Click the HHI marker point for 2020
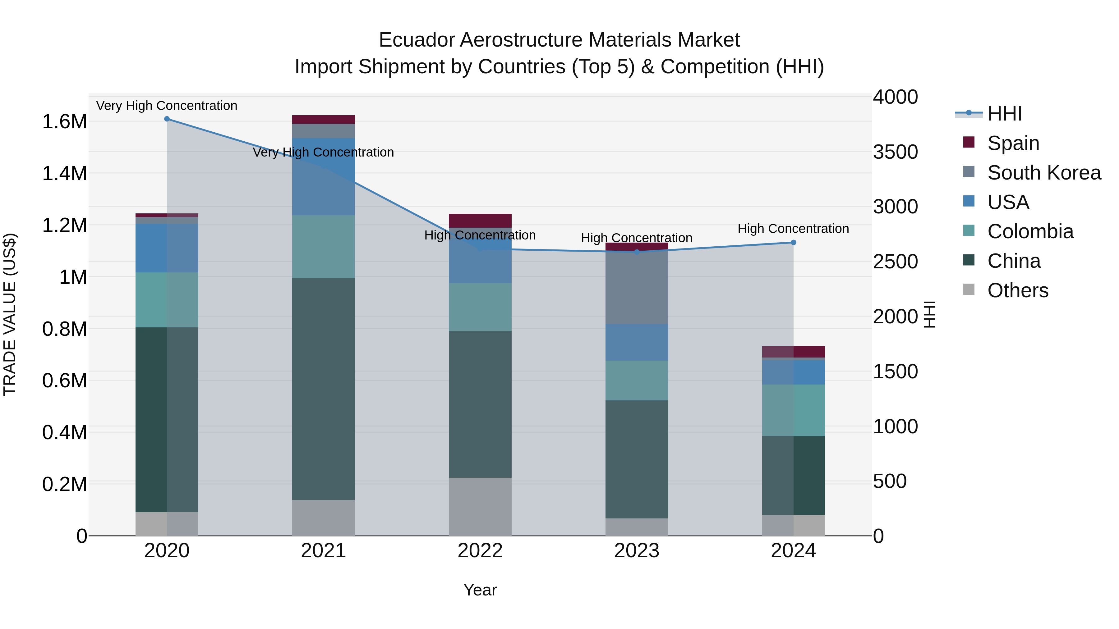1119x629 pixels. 167,119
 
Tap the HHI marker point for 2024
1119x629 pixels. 793,243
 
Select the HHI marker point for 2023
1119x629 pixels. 637,252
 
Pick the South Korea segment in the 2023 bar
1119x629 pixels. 637,287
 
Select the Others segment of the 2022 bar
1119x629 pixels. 480,507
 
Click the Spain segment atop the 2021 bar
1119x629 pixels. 323,120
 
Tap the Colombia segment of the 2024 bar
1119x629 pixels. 793,410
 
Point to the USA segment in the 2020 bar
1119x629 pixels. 167,248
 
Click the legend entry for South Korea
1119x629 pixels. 1044,173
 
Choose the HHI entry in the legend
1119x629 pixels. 1004,114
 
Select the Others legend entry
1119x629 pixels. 1017,290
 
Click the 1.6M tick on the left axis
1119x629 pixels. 64,121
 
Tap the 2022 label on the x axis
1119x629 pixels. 480,551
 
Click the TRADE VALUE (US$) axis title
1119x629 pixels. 10,314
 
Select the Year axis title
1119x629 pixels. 480,590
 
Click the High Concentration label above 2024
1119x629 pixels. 793,229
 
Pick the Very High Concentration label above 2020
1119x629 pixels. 167,106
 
